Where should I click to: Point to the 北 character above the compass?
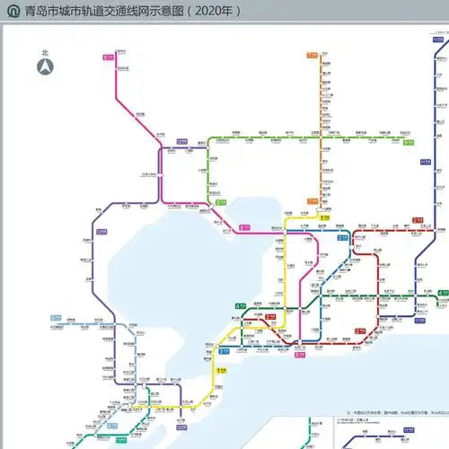(44, 52)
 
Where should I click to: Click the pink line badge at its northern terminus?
(108, 57)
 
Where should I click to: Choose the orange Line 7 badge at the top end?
(312, 56)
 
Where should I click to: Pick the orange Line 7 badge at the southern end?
(312, 201)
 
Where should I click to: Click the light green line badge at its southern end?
(220, 202)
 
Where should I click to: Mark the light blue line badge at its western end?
(56, 318)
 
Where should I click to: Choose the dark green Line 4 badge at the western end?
(240, 306)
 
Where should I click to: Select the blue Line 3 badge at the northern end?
(343, 237)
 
